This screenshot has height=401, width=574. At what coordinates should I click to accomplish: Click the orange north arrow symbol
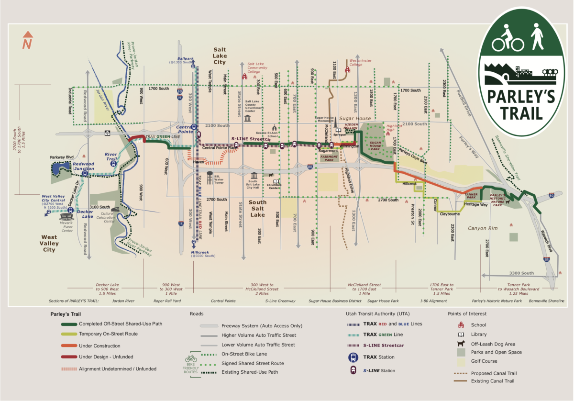28,40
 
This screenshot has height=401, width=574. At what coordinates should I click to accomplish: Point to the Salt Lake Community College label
257,67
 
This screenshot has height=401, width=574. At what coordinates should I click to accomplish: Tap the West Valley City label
49,243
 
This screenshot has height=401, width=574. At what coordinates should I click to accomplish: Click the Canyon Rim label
483,228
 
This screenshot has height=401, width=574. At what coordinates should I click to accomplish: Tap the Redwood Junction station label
83,166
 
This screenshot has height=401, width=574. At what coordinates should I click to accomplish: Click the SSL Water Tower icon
210,177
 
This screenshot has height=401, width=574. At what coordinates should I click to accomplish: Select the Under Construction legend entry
99,346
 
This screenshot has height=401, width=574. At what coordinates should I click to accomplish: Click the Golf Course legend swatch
462,361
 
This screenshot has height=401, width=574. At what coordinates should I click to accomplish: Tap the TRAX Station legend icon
353,356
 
